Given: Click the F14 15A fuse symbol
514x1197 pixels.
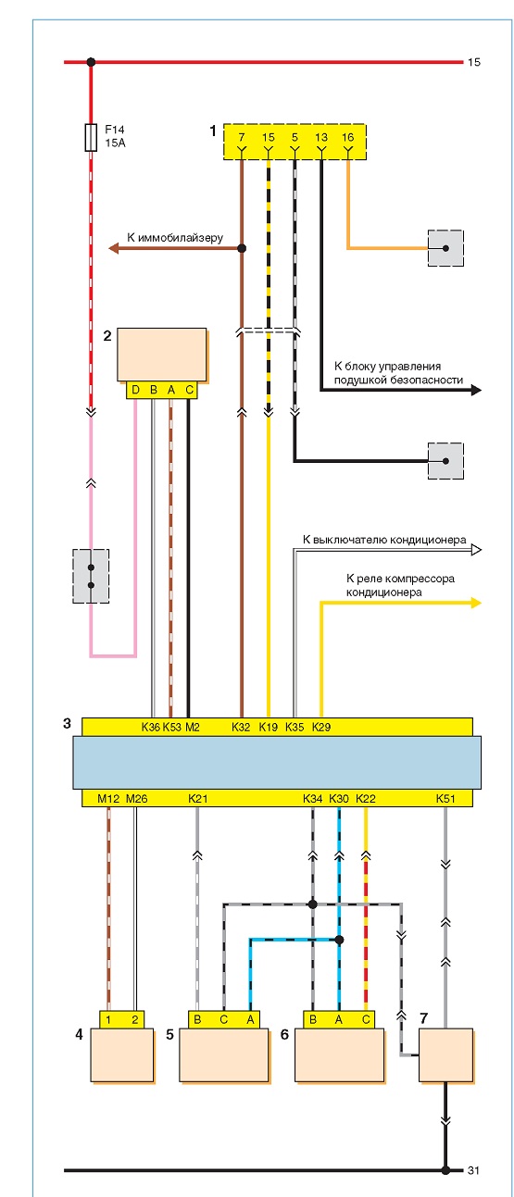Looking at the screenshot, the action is coord(91,137).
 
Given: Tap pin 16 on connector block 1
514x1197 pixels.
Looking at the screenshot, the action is coord(348,137).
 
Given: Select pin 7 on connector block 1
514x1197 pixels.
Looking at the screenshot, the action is coord(242,137).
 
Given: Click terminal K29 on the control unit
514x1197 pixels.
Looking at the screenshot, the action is coord(321,727).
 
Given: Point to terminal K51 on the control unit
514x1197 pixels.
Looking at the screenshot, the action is coord(445,798).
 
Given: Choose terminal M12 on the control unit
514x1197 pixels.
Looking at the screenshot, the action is coord(108,798).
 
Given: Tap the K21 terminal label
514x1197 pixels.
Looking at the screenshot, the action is coord(197,798).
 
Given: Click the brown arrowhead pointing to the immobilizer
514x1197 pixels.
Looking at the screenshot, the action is coord(113,248).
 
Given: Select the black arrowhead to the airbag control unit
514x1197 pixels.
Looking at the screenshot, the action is coord(476,391).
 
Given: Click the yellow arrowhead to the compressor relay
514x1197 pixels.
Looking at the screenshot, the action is coord(476,603).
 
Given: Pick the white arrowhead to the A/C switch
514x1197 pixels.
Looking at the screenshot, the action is coord(476,549).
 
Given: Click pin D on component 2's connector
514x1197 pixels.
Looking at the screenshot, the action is coord(135,390).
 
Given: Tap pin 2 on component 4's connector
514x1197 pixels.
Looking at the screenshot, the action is coord(135,1019).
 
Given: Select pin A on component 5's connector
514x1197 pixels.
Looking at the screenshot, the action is coord(250,1019).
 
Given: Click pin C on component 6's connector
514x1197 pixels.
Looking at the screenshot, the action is coord(366,1019).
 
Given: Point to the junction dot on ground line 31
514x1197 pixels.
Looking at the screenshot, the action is coord(445,1170).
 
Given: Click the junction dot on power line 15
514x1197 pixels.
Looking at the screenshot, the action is coord(91,62).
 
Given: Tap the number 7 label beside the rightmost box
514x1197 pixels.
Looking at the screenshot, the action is coord(424,1018).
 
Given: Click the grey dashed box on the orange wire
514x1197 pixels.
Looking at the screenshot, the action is coord(445,248).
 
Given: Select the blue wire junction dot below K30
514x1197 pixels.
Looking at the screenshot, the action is coord(339,940).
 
